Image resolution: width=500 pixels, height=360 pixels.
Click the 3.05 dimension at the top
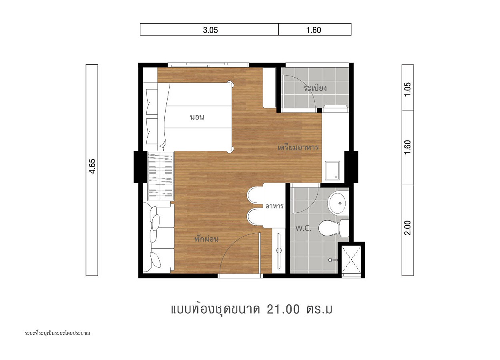(210, 30)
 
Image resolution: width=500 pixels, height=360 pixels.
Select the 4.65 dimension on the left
(92, 166)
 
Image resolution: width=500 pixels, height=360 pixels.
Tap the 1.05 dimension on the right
(408, 89)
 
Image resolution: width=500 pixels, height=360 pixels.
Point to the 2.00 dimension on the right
(408, 228)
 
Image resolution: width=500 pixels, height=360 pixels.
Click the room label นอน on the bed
(197, 117)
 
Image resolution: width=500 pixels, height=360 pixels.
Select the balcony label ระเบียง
(315, 88)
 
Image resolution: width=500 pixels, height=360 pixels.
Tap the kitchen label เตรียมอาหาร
(298, 148)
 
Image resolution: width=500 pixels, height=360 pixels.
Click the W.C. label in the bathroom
(303, 228)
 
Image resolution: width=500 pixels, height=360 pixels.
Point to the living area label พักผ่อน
(206, 239)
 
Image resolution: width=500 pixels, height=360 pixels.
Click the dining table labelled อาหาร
(274, 206)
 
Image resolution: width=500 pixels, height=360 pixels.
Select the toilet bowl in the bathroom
(334, 228)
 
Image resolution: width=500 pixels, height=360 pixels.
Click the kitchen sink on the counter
(332, 170)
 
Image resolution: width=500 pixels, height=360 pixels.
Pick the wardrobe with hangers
(161, 176)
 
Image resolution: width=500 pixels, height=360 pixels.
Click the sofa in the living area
(158, 237)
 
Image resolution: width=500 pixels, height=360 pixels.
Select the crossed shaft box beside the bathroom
(351, 260)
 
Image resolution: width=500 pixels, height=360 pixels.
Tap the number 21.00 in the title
(283, 309)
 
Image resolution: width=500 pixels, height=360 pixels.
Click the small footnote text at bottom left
(57, 333)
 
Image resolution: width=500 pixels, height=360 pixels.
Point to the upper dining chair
(255, 195)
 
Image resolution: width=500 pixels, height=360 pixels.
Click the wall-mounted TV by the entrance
(279, 251)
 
